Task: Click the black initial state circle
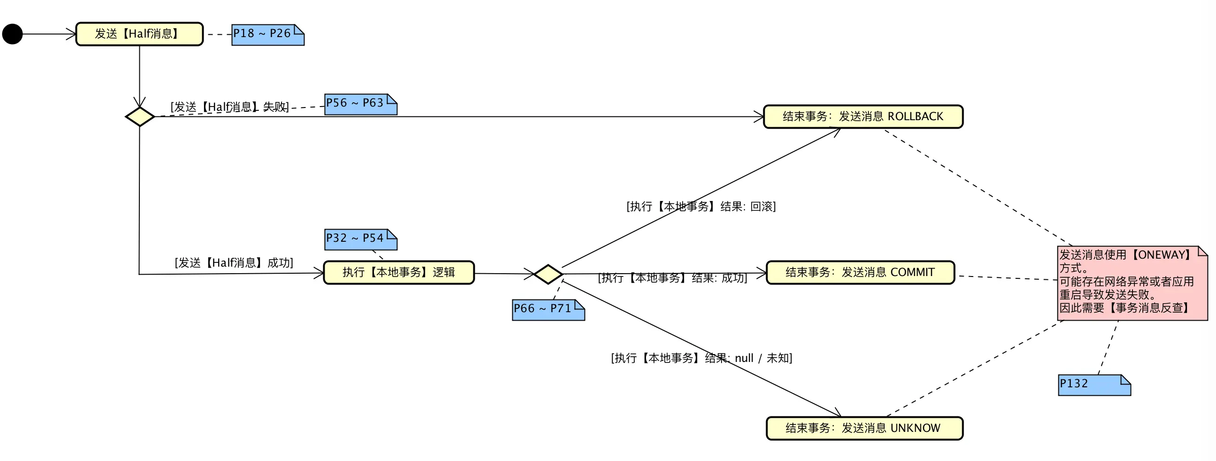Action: pyautogui.click(x=12, y=34)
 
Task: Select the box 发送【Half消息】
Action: pyautogui.click(x=139, y=34)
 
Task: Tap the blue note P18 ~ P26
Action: pyautogui.click(x=267, y=34)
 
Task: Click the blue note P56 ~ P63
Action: pyautogui.click(x=360, y=104)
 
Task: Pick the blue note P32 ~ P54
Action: pyautogui.click(x=360, y=239)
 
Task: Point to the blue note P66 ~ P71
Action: pyautogui.click(x=548, y=309)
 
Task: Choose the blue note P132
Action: pyautogui.click(x=1094, y=384)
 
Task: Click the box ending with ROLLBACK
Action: pyautogui.click(x=863, y=117)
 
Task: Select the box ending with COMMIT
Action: pyautogui.click(x=860, y=273)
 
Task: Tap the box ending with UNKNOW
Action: pyautogui.click(x=864, y=428)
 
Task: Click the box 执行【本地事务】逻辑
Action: pyautogui.click(x=398, y=273)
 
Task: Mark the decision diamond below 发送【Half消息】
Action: pyautogui.click(x=140, y=117)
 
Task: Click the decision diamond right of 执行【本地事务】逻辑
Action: pyautogui.click(x=547, y=274)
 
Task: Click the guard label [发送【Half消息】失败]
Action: pyautogui.click(x=229, y=107)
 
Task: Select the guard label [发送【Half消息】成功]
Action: pyautogui.click(x=234, y=262)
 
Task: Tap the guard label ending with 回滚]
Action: pyautogui.click(x=701, y=207)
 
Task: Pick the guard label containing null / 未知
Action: pyautogui.click(x=701, y=358)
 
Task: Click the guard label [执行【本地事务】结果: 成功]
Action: pyautogui.click(x=672, y=278)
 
